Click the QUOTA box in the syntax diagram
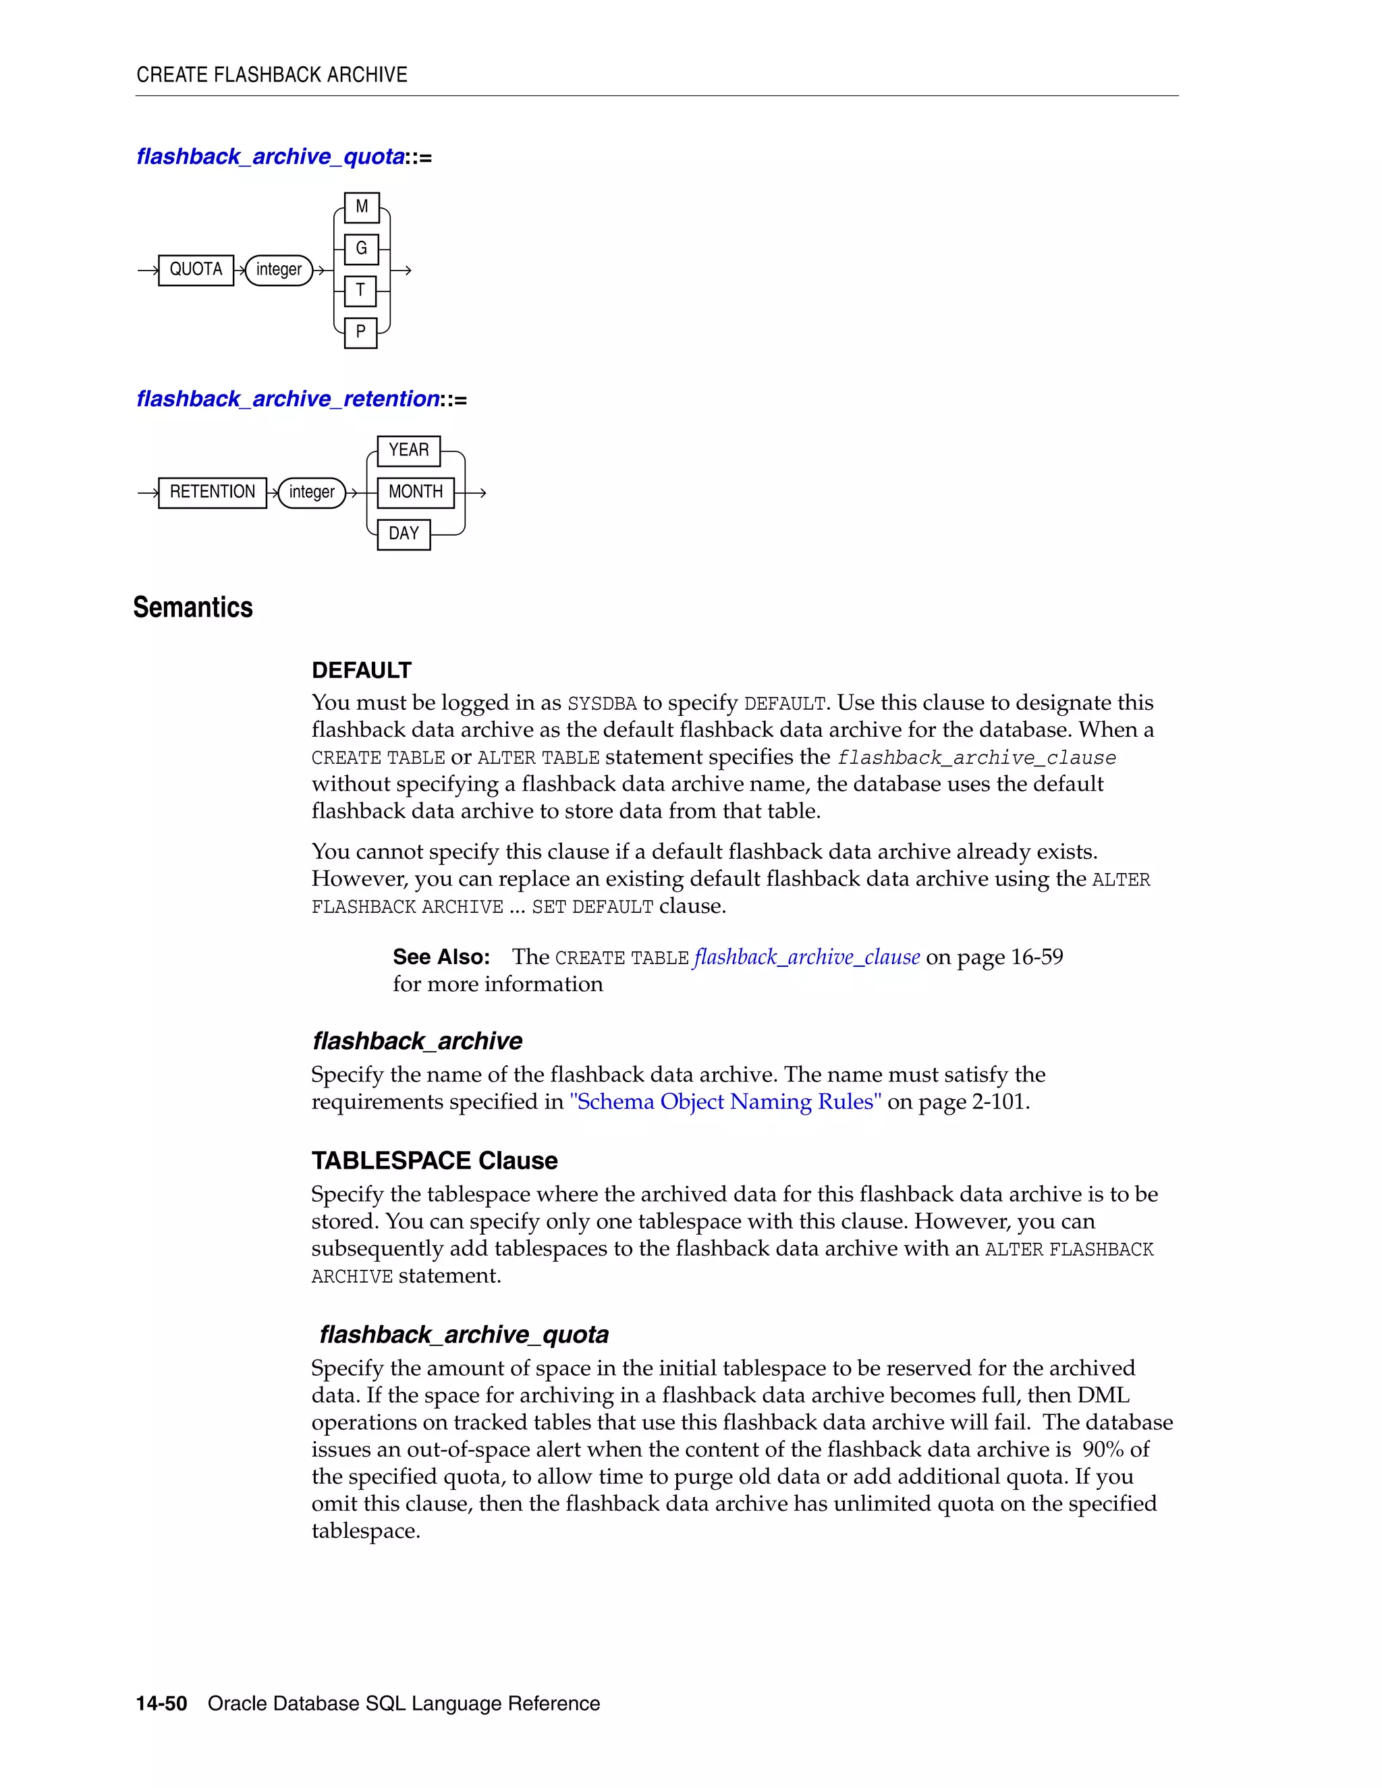pos(196,269)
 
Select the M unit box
pos(361,207)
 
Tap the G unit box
pos(361,249)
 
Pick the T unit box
pos(360,291)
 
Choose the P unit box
pos(360,333)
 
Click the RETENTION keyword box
pos(212,492)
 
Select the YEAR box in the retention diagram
pos(408,450)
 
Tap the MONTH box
pos(415,492)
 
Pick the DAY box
pos(404,534)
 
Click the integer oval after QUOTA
pos(279,269)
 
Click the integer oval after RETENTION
pos(312,492)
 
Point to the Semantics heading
pos(193,607)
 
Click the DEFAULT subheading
pos(361,671)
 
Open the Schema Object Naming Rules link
pos(725,1102)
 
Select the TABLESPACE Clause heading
pos(434,1161)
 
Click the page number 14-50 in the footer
pos(161,1704)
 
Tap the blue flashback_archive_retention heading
pos(288,399)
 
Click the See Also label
pos(441,957)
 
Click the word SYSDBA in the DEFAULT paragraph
pos(602,704)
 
